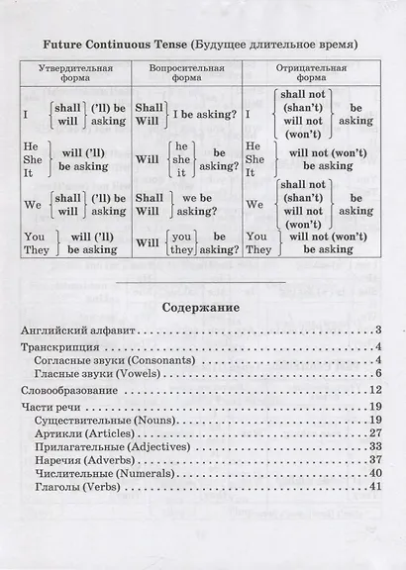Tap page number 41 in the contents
(x=374, y=487)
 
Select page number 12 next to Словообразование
(x=374, y=393)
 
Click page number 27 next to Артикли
(x=374, y=433)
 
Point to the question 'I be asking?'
(x=204, y=115)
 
